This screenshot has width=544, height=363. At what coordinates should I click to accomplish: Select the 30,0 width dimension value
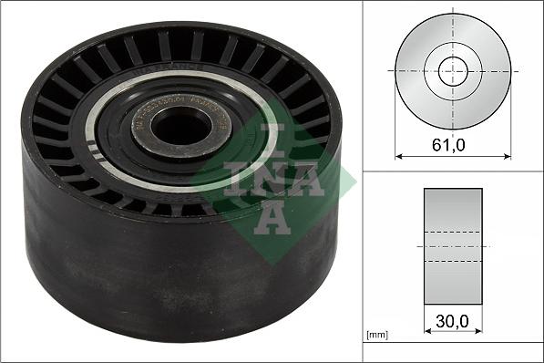pos(453,323)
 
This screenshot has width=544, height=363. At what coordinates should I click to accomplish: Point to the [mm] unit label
pos(376,337)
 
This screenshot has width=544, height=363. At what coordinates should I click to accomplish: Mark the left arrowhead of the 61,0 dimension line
pos(398,155)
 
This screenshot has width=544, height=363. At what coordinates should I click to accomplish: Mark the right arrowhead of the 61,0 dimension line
pos(508,155)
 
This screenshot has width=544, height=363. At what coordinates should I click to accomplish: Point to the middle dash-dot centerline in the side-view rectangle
pos(453,246)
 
